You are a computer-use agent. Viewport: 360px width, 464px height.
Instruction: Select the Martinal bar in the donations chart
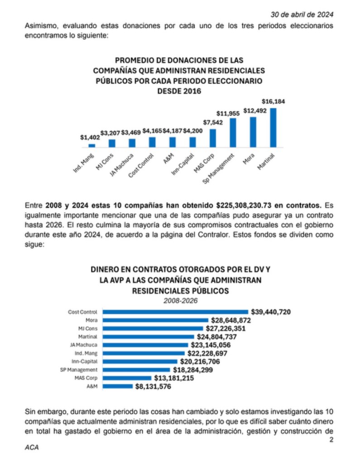click(x=273, y=127)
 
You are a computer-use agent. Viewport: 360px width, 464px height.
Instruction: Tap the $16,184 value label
click(x=274, y=101)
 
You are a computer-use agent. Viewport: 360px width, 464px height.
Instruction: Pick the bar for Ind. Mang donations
click(x=92, y=145)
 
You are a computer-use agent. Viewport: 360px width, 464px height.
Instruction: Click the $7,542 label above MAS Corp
click(x=212, y=123)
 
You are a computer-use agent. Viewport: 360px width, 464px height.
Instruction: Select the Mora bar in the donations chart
click(x=253, y=132)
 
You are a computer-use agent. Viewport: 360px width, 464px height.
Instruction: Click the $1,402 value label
click(x=90, y=137)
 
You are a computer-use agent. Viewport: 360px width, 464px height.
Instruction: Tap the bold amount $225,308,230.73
click(x=253, y=205)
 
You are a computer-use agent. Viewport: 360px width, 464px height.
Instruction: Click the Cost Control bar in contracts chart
click(x=176, y=312)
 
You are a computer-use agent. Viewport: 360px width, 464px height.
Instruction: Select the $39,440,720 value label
click(x=270, y=312)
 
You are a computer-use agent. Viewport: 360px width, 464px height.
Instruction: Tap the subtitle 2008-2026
click(x=180, y=300)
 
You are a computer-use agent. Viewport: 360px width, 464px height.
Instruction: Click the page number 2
click(x=331, y=439)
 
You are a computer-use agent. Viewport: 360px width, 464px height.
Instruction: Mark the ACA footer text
click(x=31, y=447)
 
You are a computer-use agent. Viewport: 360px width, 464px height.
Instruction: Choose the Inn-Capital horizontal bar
click(x=140, y=362)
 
